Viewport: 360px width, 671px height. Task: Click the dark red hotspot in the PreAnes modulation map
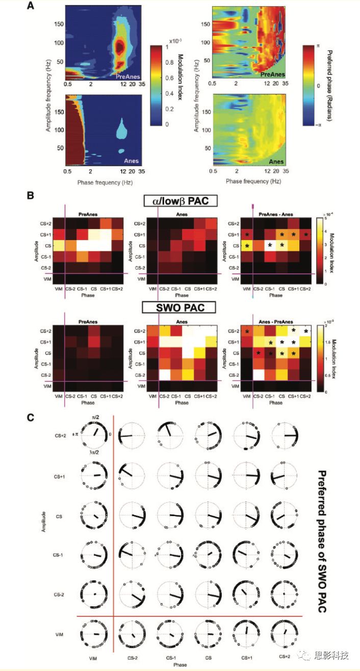click(120, 47)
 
